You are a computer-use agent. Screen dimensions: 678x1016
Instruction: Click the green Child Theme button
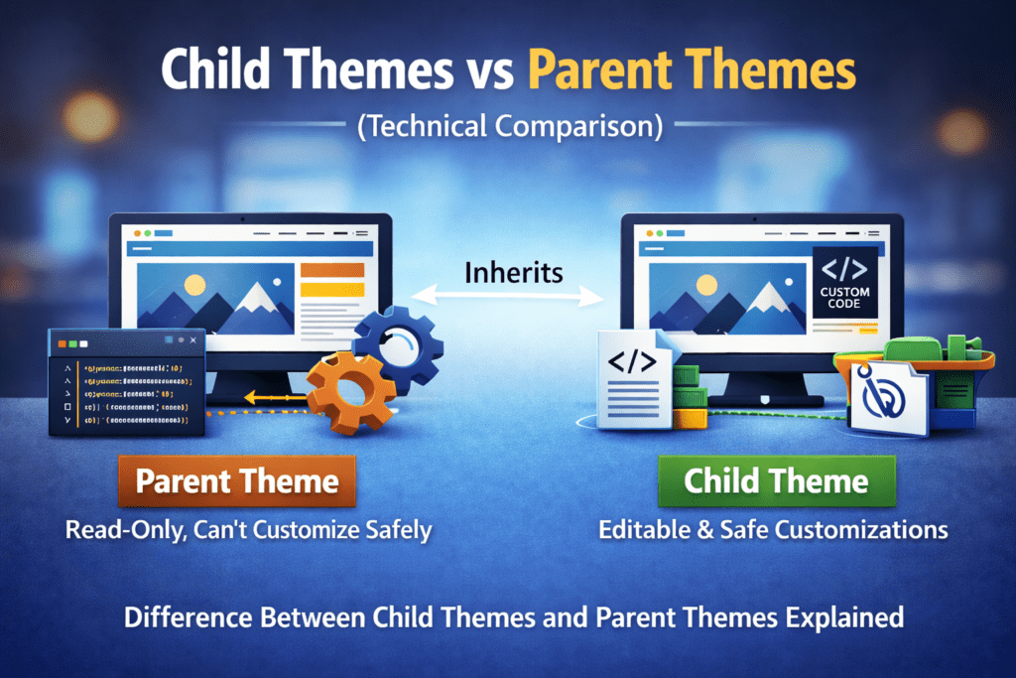776,481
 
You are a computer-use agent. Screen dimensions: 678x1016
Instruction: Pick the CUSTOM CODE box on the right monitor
844,282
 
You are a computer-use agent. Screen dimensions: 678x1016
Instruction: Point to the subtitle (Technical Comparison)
507,126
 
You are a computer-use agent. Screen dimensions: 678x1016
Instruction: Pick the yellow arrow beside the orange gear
263,397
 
